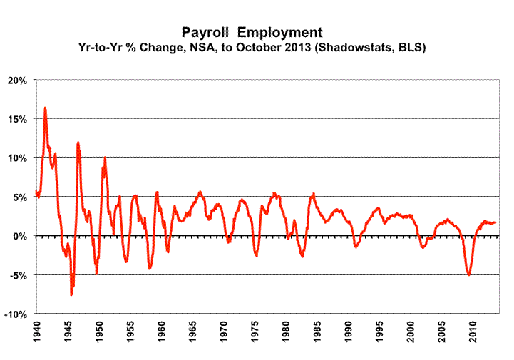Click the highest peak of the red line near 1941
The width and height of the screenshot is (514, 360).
(45, 108)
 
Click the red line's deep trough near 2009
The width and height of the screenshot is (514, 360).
(469, 274)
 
